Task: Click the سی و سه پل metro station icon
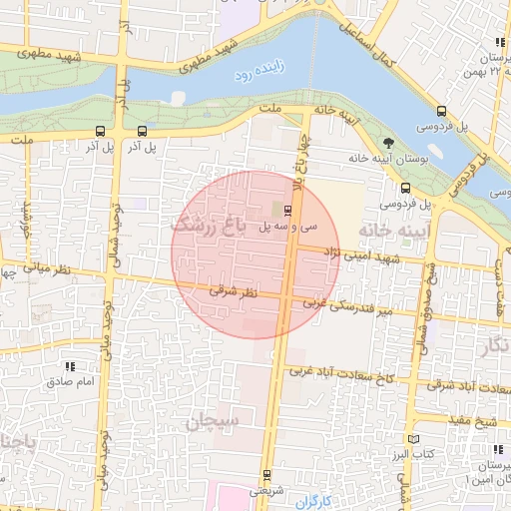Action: click(x=287, y=211)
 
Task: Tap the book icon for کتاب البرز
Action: click(x=413, y=439)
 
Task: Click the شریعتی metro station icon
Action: click(x=266, y=475)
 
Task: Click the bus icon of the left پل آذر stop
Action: click(x=100, y=131)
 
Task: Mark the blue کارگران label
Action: click(x=312, y=498)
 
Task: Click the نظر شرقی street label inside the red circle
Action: click(x=233, y=292)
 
